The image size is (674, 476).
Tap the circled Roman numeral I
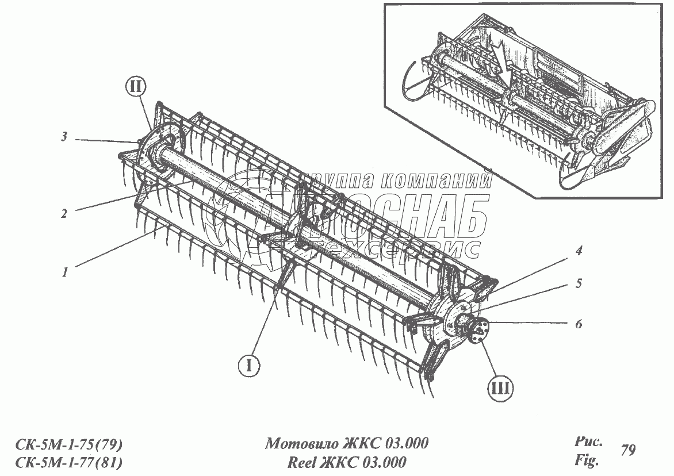(x=248, y=364)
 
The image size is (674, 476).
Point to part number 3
(x=65, y=137)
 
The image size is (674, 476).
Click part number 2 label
(x=64, y=213)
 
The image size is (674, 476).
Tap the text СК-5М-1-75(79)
(x=68, y=445)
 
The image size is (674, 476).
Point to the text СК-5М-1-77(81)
(x=68, y=463)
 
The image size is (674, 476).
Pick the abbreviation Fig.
(x=587, y=460)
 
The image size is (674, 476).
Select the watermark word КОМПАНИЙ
(x=436, y=182)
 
